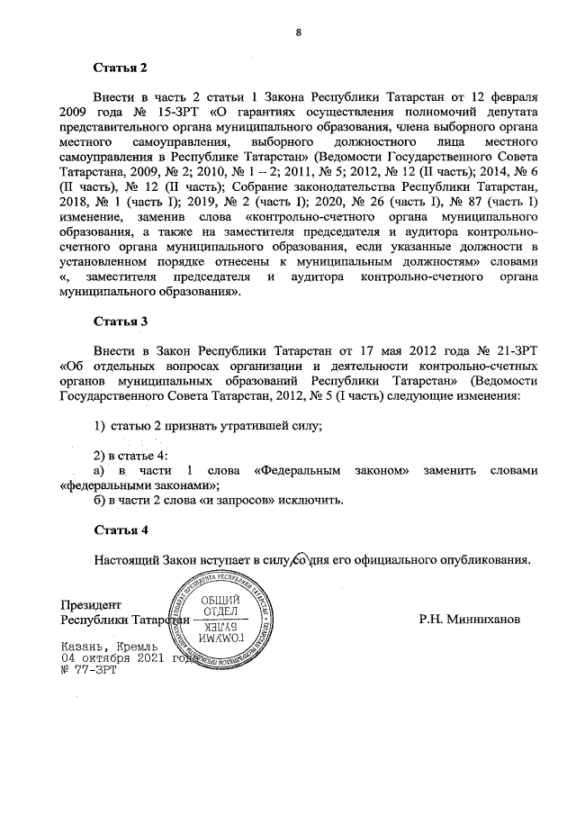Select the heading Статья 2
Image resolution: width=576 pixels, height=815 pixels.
120,67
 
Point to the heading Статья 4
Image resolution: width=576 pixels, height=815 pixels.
120,530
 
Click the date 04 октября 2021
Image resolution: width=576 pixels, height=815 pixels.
111,658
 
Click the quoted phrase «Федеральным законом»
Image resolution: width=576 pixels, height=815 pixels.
332,468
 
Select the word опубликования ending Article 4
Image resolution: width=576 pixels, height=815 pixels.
483,559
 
